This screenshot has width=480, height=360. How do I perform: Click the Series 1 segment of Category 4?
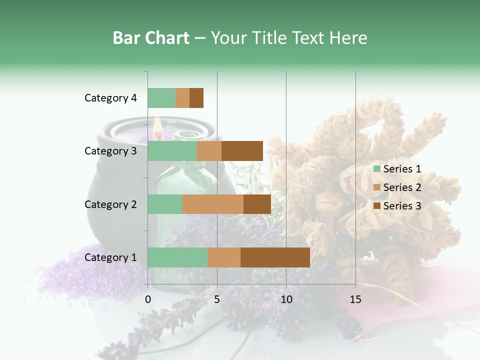click(161, 98)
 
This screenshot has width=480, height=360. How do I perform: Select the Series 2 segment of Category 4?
click(182, 98)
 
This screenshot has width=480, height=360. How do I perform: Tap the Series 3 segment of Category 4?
click(196, 98)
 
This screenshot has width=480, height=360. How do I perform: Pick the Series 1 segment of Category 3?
click(172, 151)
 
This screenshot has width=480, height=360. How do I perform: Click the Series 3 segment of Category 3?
click(242, 151)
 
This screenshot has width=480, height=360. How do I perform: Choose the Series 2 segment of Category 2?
click(213, 204)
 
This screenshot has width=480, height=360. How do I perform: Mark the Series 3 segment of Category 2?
click(257, 204)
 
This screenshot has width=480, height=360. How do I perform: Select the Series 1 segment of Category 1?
click(177, 257)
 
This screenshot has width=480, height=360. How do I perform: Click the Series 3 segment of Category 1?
click(275, 257)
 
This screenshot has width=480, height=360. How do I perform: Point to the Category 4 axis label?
click(110, 98)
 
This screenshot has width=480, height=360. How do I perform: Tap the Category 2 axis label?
click(110, 204)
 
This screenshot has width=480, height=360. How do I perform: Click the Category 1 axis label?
click(110, 257)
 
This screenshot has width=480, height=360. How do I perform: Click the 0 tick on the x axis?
click(148, 299)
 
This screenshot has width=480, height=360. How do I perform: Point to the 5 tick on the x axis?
click(217, 299)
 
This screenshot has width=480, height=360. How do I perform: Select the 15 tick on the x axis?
click(355, 299)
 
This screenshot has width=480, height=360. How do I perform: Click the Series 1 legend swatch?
click(376, 169)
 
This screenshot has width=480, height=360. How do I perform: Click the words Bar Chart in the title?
click(150, 38)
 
